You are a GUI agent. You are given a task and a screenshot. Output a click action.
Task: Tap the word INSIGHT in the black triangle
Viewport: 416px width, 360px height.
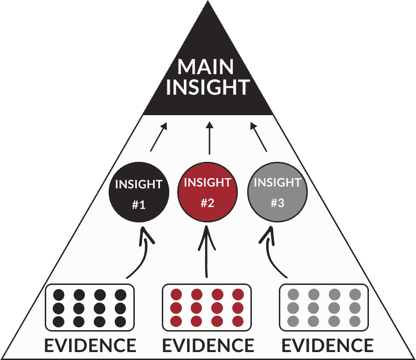pos(208,88)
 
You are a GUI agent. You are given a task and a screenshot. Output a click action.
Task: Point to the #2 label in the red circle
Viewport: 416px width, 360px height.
pos(208,203)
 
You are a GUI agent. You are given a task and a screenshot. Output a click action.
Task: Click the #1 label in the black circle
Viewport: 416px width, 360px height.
pos(139,204)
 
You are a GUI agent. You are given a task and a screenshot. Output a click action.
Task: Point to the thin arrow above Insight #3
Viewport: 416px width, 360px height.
pos(259,137)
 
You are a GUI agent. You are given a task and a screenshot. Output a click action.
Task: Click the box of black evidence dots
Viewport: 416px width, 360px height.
pos(90,308)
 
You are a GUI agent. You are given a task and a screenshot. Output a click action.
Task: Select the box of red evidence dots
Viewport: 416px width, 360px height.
pos(207,308)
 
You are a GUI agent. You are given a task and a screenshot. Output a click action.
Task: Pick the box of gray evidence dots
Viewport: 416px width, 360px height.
pos(324,308)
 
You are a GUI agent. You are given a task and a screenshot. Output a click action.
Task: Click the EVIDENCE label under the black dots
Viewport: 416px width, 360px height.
pos(90,346)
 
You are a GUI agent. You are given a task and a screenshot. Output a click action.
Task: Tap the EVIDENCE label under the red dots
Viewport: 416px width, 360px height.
pos(208,346)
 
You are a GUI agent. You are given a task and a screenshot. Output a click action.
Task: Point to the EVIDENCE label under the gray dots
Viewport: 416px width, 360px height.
pos(327,346)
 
